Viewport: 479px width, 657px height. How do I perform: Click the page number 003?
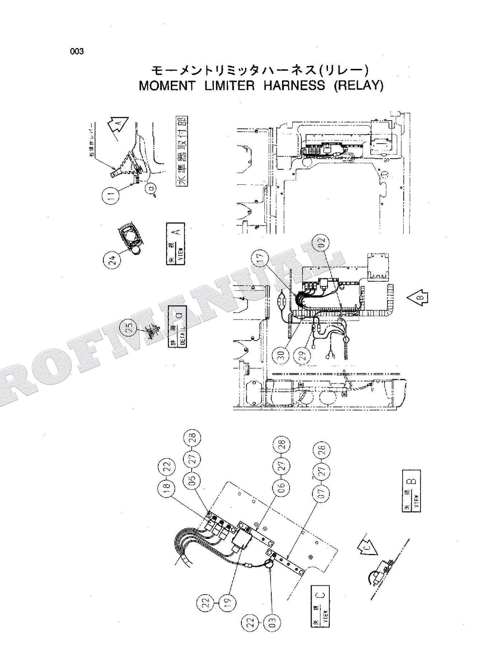pyautogui.click(x=77, y=52)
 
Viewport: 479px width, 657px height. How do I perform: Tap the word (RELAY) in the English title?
pyautogui.click(x=358, y=86)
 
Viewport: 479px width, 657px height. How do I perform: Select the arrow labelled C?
pyautogui.click(x=366, y=548)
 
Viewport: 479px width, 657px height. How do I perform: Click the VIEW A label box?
pyautogui.click(x=176, y=245)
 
